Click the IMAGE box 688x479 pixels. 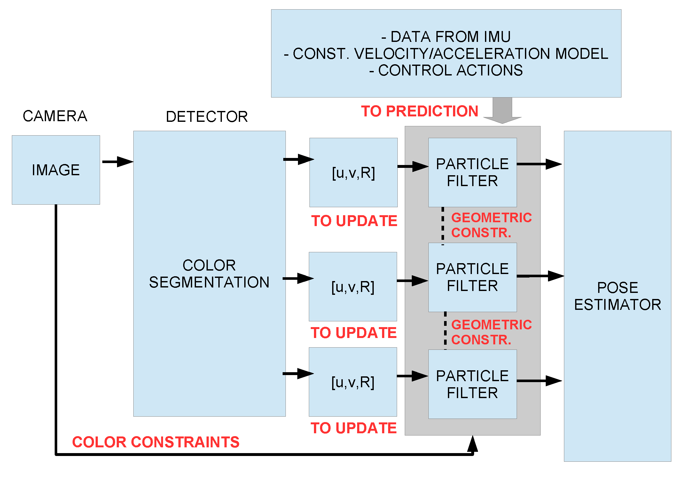pyautogui.click(x=56, y=170)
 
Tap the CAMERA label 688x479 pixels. pyautogui.click(x=55, y=116)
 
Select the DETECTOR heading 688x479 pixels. pyautogui.click(x=207, y=117)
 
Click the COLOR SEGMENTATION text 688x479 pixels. pyautogui.click(x=209, y=274)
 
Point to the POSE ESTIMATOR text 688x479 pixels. pyautogui.click(x=617, y=296)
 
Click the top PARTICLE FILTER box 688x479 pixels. pyautogui.click(x=472, y=172)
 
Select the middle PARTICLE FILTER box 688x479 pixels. pyautogui.click(x=472, y=277)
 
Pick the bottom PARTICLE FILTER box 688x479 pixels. pyautogui.click(x=472, y=384)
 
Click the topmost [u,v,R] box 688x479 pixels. pyautogui.click(x=353, y=173)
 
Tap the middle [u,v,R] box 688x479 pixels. pyautogui.click(x=353, y=287)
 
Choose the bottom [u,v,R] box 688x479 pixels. pyautogui.click(x=353, y=382)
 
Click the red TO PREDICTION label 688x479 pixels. pyautogui.click(x=419, y=111)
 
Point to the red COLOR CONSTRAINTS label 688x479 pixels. pyautogui.click(x=156, y=442)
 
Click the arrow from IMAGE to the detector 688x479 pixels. pyautogui.click(x=117, y=162)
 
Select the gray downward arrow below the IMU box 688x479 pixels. pyautogui.click(x=502, y=111)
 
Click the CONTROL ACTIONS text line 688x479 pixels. pyautogui.click(x=446, y=70)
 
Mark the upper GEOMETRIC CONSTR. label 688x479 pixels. pyautogui.click(x=491, y=225)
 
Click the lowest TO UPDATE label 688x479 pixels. pyautogui.click(x=354, y=428)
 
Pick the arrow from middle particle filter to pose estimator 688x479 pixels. pyautogui.click(x=540, y=276)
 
